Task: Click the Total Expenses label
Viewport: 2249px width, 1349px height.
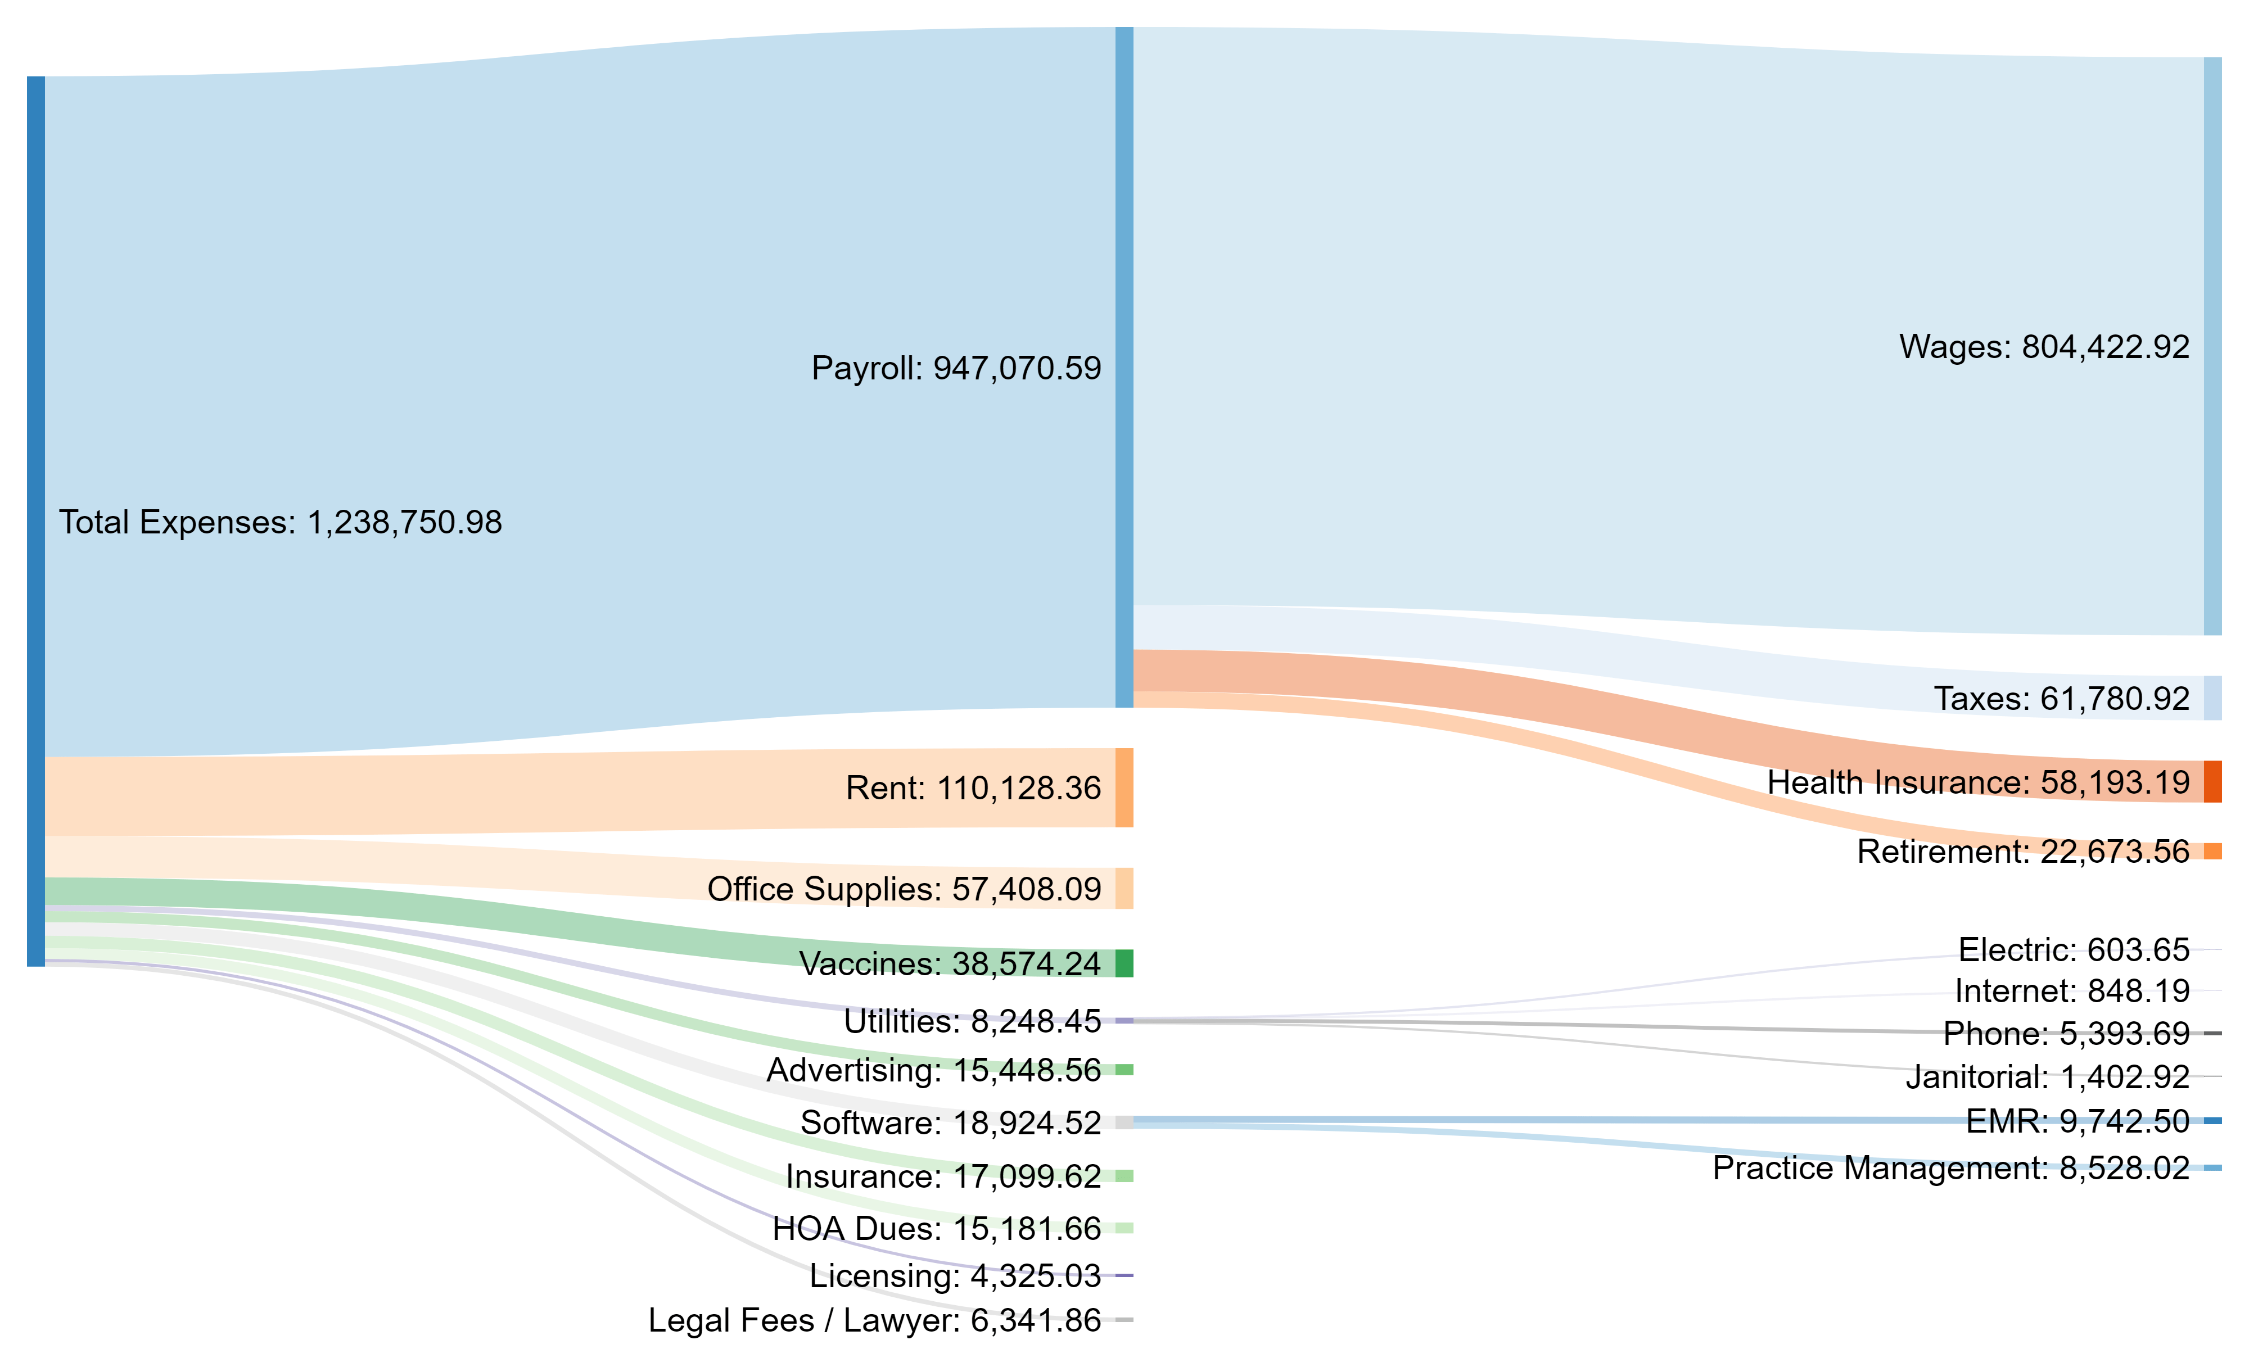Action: pos(280,523)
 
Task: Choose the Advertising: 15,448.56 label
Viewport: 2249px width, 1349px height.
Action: pos(933,1071)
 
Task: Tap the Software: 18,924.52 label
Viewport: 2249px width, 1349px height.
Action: pos(950,1122)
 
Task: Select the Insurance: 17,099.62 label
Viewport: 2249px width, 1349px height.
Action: pos(943,1176)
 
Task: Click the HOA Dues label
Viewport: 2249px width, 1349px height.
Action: pos(936,1229)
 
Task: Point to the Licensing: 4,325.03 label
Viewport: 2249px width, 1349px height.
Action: pos(955,1276)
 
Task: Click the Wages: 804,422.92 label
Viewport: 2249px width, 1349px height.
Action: pos(2044,347)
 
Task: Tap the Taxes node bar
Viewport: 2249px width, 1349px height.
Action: pos(2212,698)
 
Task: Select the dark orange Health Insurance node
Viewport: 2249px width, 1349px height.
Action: pos(2212,782)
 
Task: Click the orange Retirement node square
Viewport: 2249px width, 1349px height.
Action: pos(2212,852)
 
